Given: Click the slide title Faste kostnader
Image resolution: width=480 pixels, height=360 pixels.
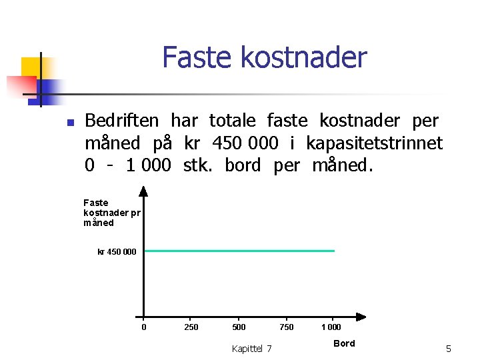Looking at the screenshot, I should (x=264, y=57).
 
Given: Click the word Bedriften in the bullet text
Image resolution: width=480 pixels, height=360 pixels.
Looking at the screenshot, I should (x=122, y=121).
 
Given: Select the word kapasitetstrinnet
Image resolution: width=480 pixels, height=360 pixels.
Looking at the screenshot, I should (x=374, y=143).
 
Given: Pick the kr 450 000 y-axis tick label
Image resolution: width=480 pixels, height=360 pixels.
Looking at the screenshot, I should (x=117, y=251).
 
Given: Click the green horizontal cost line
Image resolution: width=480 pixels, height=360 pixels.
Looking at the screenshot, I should (x=240, y=251).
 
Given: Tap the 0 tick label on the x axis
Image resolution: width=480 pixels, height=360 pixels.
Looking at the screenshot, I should (x=144, y=327).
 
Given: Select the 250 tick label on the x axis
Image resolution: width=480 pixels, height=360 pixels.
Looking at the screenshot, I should (x=191, y=327).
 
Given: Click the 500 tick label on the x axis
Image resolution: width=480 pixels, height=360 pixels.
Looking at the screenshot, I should (x=239, y=327).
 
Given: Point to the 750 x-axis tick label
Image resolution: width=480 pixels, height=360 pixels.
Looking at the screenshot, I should (x=287, y=327).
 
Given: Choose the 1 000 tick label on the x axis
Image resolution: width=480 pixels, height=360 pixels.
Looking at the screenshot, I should (x=331, y=327).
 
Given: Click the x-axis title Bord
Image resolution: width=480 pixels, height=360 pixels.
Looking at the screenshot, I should (x=344, y=343).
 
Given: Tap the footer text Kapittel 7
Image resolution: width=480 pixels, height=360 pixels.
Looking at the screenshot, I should (x=251, y=349).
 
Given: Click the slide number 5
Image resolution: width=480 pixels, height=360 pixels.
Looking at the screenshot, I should (x=449, y=349).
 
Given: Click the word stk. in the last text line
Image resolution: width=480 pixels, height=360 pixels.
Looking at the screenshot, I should (x=198, y=165).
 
